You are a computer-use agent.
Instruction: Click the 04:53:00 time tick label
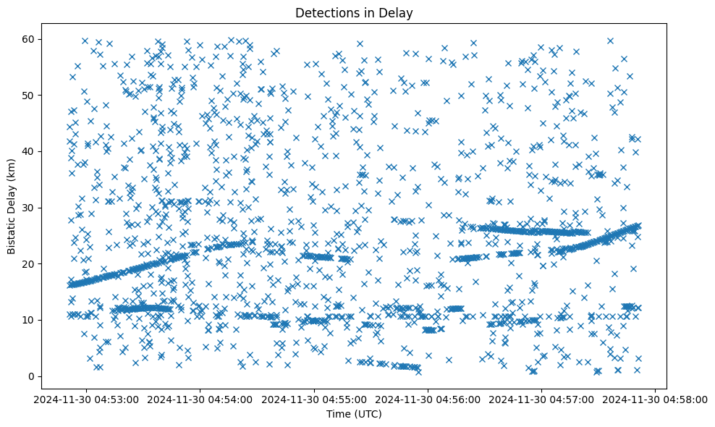click(x=88, y=398)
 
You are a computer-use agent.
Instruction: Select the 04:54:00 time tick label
click(x=201, y=398)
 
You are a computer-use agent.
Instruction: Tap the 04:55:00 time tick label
click(x=315, y=398)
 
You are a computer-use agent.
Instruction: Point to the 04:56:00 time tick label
click(x=428, y=398)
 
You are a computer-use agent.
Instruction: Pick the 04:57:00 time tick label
click(x=542, y=398)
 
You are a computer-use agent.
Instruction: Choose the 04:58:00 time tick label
click(x=656, y=398)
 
